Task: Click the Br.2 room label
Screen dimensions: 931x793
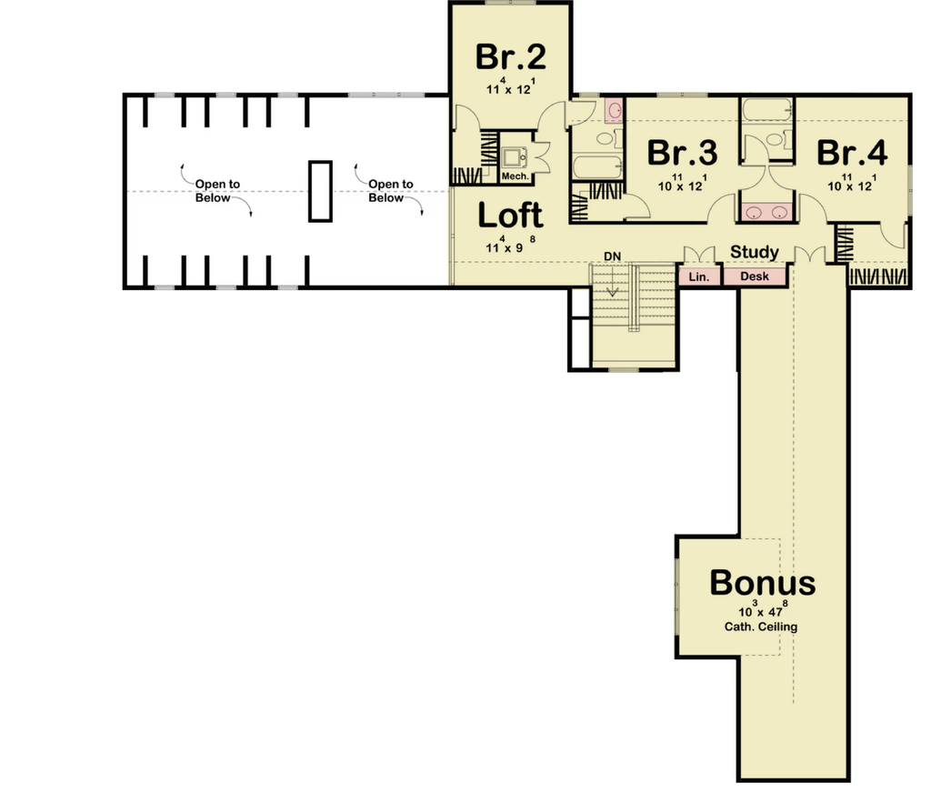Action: click(511, 57)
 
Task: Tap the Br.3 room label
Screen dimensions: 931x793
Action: click(682, 153)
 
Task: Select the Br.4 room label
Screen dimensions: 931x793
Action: click(852, 153)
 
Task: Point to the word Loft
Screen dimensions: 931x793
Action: click(510, 216)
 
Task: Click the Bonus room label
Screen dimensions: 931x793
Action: click(763, 583)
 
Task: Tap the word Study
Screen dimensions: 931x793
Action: click(754, 252)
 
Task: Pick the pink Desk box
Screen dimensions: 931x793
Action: click(755, 276)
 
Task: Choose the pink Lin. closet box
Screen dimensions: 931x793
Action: click(699, 276)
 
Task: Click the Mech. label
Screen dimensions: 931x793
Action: click(515, 176)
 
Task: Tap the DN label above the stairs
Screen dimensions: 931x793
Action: click(612, 256)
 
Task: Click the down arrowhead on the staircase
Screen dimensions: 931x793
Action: click(612, 292)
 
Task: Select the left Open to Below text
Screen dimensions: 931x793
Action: click(217, 191)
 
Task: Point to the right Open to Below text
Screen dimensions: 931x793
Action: click(391, 191)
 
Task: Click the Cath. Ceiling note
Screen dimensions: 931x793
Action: click(761, 627)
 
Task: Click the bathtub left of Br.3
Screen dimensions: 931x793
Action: click(597, 167)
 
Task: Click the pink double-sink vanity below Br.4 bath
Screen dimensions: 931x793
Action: click(766, 212)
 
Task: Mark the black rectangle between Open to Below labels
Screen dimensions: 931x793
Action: click(320, 191)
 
